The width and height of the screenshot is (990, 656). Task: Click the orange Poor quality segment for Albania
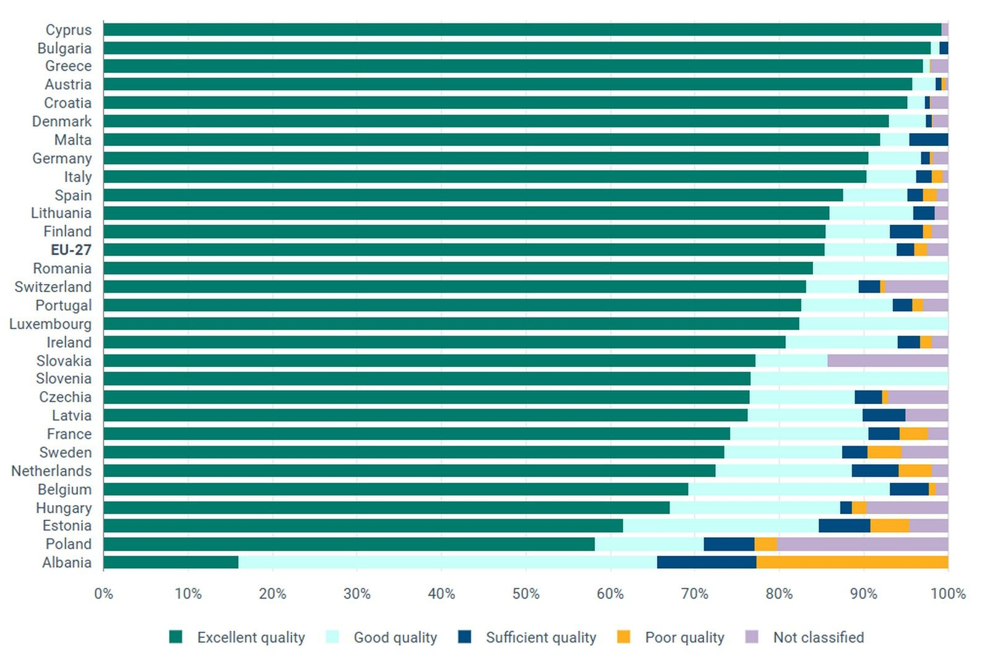[x=851, y=562]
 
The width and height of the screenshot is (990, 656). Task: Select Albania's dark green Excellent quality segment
[x=171, y=562]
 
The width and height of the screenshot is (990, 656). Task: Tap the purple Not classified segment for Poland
[x=863, y=544]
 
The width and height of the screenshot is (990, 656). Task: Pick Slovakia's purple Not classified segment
[x=887, y=360]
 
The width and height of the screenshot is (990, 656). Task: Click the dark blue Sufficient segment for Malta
[x=928, y=140]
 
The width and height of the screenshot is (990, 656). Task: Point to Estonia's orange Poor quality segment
[x=890, y=525]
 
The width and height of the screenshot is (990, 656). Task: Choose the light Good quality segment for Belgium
[x=789, y=489]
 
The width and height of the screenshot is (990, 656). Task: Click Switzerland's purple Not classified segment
[x=916, y=287]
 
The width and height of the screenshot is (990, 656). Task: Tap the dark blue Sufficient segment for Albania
[x=707, y=562]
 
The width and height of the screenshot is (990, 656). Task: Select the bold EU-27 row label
[x=71, y=250]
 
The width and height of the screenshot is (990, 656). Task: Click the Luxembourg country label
[x=50, y=324]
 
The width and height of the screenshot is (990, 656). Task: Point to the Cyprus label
[x=69, y=30]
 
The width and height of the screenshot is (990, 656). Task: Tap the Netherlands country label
[x=51, y=471]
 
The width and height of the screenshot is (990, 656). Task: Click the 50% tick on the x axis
[x=526, y=593]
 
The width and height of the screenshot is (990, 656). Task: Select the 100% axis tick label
[x=948, y=593]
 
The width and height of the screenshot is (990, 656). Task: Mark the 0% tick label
[x=103, y=593]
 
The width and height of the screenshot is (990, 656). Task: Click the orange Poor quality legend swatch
[x=624, y=637]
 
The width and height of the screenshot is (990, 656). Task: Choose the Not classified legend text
[x=818, y=637]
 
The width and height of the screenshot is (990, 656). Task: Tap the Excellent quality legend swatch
[x=176, y=637]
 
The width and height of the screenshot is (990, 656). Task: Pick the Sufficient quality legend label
[x=541, y=637]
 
